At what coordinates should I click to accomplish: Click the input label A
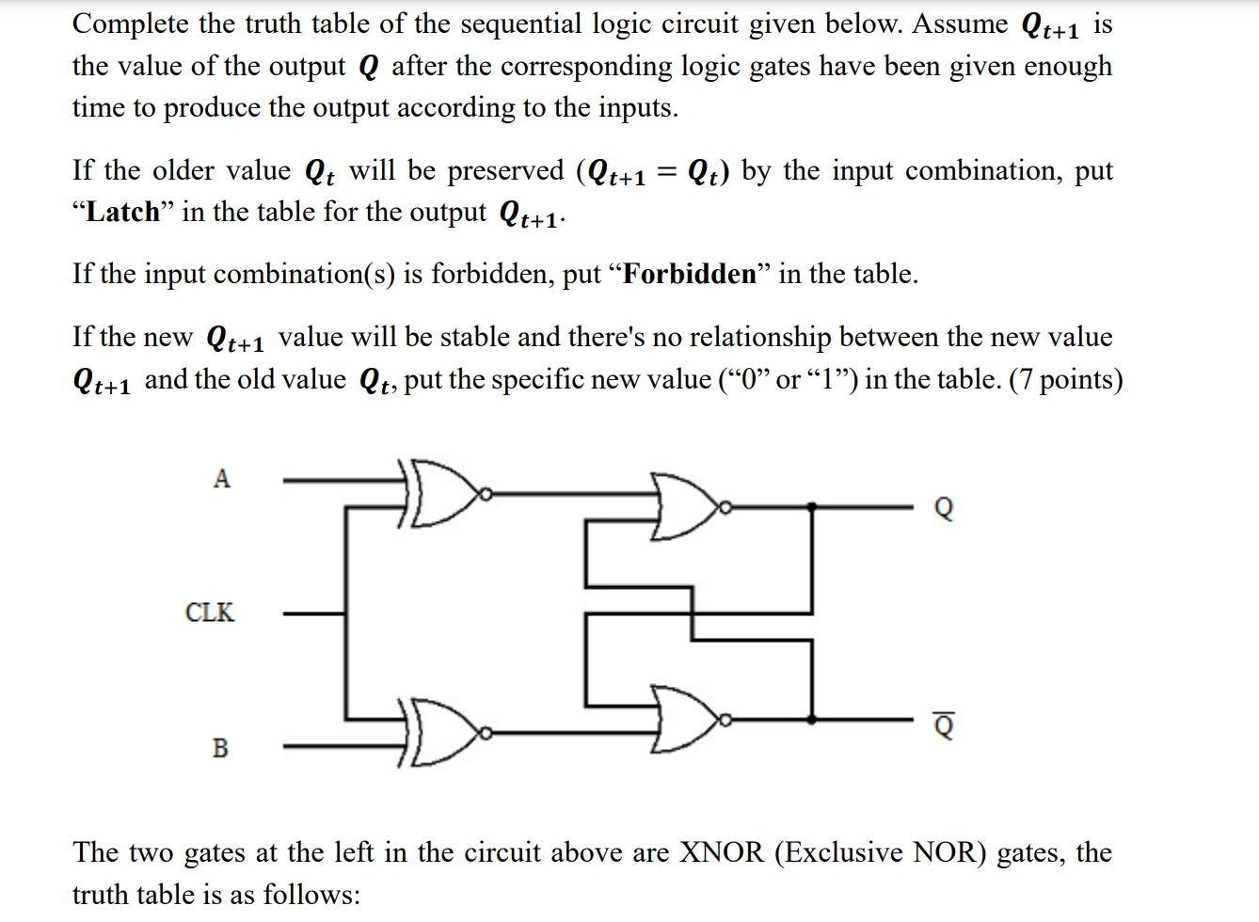coord(221,479)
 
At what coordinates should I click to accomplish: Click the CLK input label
coord(210,612)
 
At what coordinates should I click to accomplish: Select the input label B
coord(220,748)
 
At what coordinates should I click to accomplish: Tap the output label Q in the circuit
coord(944,508)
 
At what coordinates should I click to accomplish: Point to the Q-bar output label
coord(944,726)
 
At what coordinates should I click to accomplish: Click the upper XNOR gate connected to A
coord(442,492)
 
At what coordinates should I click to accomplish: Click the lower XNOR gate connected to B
coord(442,731)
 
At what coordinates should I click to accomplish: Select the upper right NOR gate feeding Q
coord(687,506)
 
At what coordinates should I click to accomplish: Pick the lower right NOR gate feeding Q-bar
coord(687,719)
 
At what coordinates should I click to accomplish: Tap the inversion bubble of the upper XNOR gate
coord(486,492)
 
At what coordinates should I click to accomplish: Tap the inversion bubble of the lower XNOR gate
coord(486,731)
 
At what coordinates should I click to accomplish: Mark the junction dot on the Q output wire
coord(813,506)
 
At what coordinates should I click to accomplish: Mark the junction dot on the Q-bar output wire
coord(813,719)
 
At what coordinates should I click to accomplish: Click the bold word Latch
coord(123,212)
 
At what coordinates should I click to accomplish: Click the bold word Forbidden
coord(690,274)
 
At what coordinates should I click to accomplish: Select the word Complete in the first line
coord(130,24)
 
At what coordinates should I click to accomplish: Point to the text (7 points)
coord(1065,379)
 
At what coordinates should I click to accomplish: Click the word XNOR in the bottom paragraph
coord(722,852)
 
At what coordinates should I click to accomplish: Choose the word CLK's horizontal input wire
coord(314,613)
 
